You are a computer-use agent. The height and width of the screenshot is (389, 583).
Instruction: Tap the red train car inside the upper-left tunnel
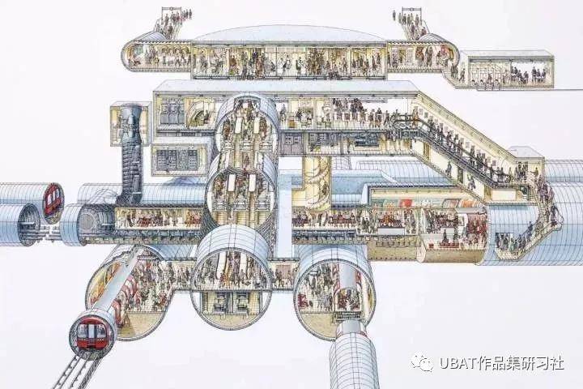[53, 200]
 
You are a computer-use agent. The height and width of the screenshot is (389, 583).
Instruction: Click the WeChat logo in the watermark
[422, 362]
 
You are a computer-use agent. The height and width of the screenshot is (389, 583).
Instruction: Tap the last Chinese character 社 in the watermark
[556, 363]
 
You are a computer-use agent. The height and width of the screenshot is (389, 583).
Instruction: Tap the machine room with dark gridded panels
[179, 159]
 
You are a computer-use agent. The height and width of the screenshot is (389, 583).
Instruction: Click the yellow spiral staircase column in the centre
[317, 182]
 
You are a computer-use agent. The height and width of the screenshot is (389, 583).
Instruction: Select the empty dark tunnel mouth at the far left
[27, 224]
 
